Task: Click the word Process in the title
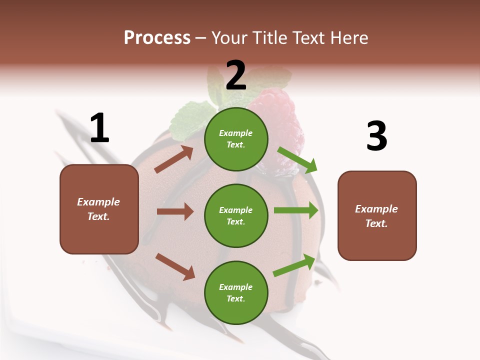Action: point(157,38)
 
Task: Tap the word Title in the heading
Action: point(269,38)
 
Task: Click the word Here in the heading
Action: point(348,38)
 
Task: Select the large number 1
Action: point(99,128)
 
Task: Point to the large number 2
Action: point(236,75)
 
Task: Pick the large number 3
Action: point(377,136)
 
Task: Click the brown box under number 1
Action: point(99,209)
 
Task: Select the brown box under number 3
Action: point(377,215)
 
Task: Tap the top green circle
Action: point(236,139)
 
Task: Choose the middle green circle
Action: point(236,215)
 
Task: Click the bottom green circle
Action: point(236,292)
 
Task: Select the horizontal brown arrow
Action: point(175,211)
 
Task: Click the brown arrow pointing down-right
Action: point(175,266)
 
